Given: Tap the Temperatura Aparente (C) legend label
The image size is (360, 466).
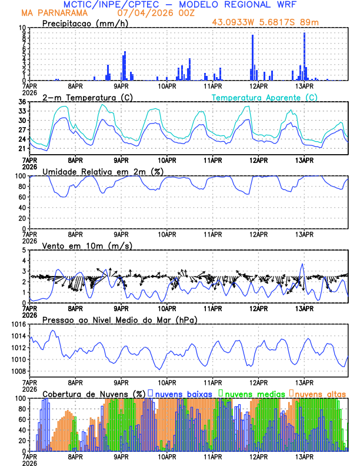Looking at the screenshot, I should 264,97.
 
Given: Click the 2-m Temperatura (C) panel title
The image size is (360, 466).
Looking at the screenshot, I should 87,97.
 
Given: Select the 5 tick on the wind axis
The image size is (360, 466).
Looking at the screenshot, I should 24,250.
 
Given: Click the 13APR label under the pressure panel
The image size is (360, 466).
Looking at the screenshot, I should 304,381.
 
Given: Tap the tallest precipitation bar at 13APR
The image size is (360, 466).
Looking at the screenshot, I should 304,56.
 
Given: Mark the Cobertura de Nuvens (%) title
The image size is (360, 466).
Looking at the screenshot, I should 94,393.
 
